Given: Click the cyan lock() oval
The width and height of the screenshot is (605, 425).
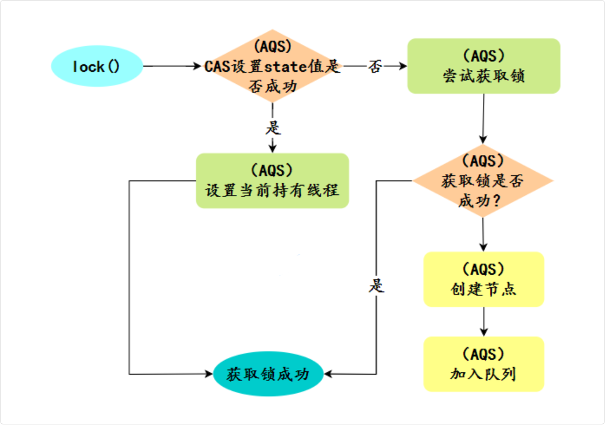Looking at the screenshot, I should point(97,66).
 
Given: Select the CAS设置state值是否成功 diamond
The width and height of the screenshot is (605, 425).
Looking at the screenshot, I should point(272,66).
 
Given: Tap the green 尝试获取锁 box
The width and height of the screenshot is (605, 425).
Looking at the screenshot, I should point(484,66).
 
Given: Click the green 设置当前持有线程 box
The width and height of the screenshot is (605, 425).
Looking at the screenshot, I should point(272,180).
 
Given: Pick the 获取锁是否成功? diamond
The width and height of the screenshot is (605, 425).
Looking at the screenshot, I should point(483,181).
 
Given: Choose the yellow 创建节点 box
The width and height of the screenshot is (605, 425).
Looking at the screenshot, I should point(484,279).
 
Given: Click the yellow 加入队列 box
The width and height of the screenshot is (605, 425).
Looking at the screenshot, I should point(484,364).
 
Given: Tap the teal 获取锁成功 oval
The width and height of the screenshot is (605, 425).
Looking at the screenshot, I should point(267,374).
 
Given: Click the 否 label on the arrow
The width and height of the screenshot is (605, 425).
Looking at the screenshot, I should point(375,66).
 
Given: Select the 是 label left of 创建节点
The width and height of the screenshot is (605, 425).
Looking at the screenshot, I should point(377,286).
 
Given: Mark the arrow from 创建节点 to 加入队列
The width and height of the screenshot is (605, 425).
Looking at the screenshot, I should point(484,321).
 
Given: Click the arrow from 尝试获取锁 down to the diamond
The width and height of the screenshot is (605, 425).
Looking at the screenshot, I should point(484,118).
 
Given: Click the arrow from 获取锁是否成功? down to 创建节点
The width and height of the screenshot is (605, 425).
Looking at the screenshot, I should point(484,234).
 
